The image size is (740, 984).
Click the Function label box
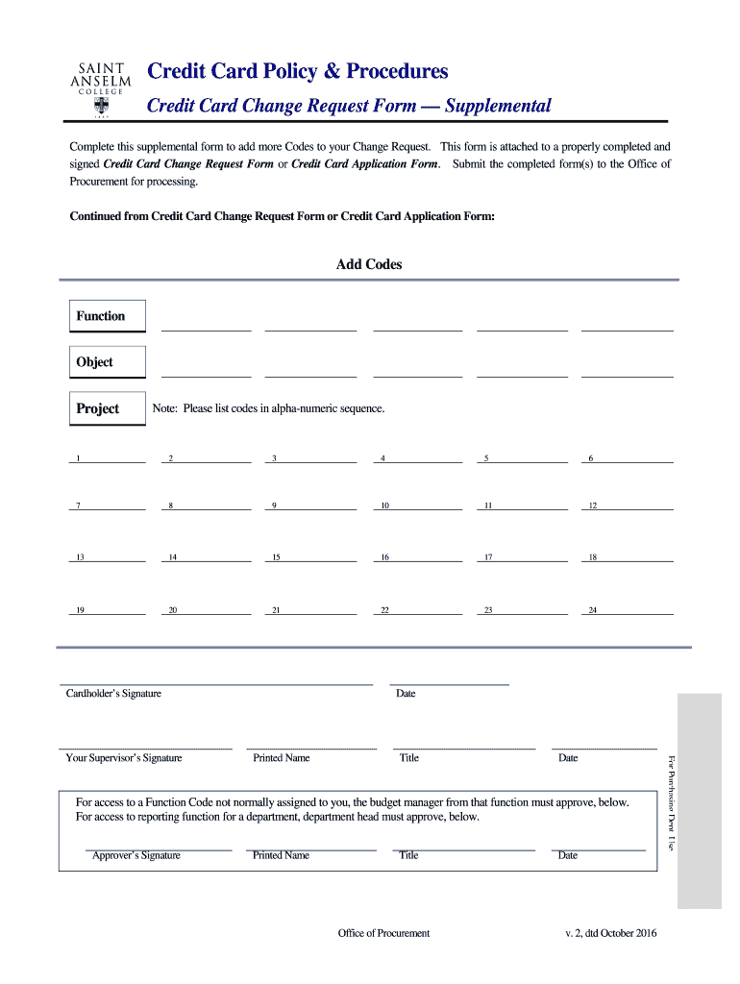pyautogui.click(x=108, y=316)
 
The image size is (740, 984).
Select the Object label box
pyautogui.click(x=108, y=362)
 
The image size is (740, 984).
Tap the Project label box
pyautogui.click(x=108, y=408)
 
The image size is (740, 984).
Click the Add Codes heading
pyautogui.click(x=369, y=264)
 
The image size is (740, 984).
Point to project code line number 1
pyautogui.click(x=107, y=458)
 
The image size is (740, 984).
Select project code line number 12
pyautogui.click(x=627, y=505)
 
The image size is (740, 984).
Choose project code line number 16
pyautogui.click(x=418, y=557)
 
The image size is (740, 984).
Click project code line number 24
pyautogui.click(x=627, y=610)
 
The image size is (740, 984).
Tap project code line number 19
pyautogui.click(x=107, y=610)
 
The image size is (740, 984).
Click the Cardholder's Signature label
pyautogui.click(x=113, y=694)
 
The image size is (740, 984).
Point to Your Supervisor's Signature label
pyautogui.click(x=123, y=758)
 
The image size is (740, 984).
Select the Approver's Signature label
pyautogui.click(x=136, y=855)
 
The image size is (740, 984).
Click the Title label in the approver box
pyautogui.click(x=408, y=855)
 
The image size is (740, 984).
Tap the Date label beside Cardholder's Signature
pyautogui.click(x=406, y=694)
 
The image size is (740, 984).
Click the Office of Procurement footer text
pyautogui.click(x=383, y=933)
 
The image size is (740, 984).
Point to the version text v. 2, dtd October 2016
pyautogui.click(x=611, y=933)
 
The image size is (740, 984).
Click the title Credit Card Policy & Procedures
pyautogui.click(x=297, y=72)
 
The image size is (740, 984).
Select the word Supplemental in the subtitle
pyautogui.click(x=498, y=106)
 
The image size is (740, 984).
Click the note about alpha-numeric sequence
pyautogui.click(x=268, y=408)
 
